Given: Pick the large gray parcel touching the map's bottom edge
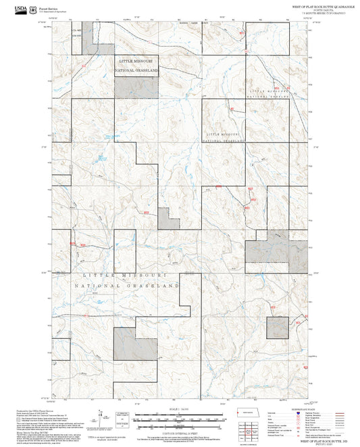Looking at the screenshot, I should click(134, 344).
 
